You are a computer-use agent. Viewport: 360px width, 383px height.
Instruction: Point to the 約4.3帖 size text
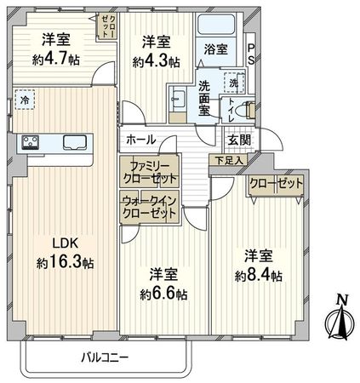tap(156, 61)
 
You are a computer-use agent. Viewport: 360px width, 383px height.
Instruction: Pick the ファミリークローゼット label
tap(149, 173)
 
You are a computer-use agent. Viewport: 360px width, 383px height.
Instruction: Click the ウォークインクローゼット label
tap(149, 207)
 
